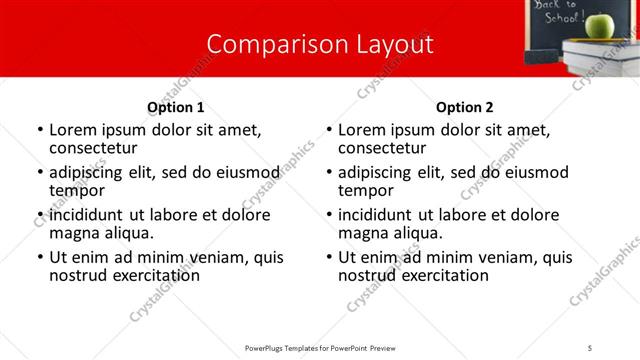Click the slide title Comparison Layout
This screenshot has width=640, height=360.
pyautogui.click(x=320, y=45)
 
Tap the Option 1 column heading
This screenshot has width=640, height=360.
pyautogui.click(x=176, y=107)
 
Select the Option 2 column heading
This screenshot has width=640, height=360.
pyautogui.click(x=465, y=107)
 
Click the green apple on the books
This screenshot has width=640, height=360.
pyautogui.click(x=599, y=24)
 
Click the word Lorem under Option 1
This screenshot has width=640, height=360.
pyautogui.click(x=71, y=130)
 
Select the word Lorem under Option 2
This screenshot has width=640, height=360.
pyautogui.click(x=360, y=130)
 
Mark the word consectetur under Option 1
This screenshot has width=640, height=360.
pyautogui.click(x=92, y=148)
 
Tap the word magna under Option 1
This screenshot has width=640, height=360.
pyautogui.click(x=72, y=233)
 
